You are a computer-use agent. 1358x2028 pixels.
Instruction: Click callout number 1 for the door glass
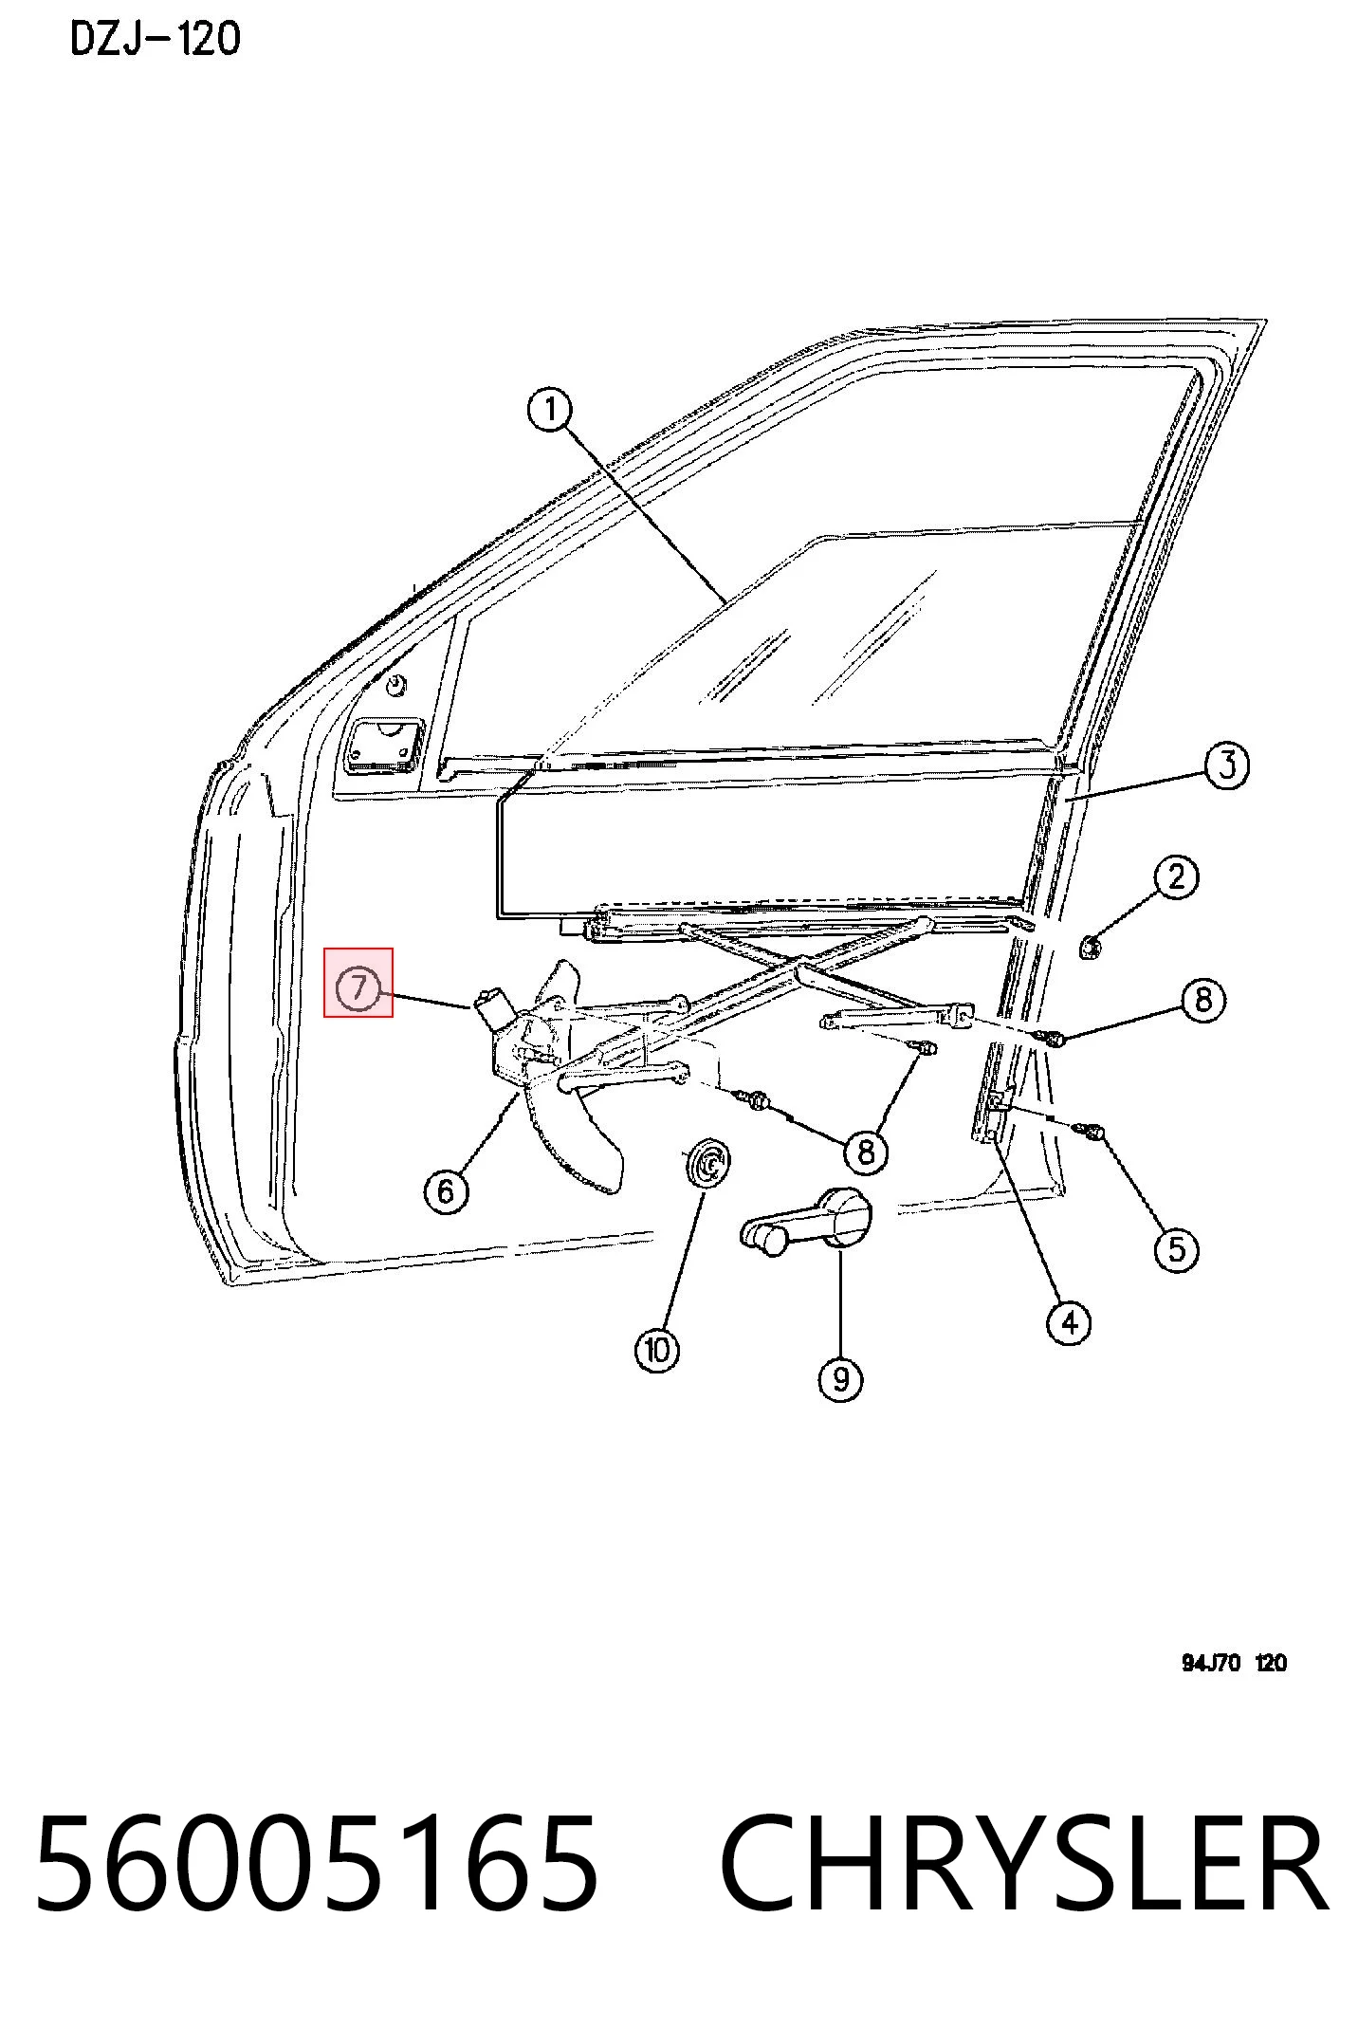[549, 411]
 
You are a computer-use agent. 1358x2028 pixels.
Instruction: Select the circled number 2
[1176, 877]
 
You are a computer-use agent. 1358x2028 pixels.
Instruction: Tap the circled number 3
[1226, 765]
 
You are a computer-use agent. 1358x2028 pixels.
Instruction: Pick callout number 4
[1069, 1322]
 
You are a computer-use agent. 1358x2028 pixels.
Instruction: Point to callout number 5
[1176, 1248]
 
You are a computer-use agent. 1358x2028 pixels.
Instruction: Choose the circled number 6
[447, 1189]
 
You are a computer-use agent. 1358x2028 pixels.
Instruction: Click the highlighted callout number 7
[358, 988]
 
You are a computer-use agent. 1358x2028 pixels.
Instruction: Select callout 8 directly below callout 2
[1202, 1000]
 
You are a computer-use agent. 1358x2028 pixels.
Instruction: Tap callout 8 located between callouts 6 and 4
[865, 1152]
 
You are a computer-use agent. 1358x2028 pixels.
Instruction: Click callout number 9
[840, 1377]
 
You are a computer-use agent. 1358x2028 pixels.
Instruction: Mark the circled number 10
[657, 1349]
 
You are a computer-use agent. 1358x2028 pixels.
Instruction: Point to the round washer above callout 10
[708, 1162]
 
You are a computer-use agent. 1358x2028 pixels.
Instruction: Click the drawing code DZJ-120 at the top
[156, 39]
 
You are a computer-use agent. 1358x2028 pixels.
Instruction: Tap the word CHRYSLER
[1024, 1863]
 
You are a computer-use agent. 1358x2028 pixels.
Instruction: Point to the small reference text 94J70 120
[1234, 1663]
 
